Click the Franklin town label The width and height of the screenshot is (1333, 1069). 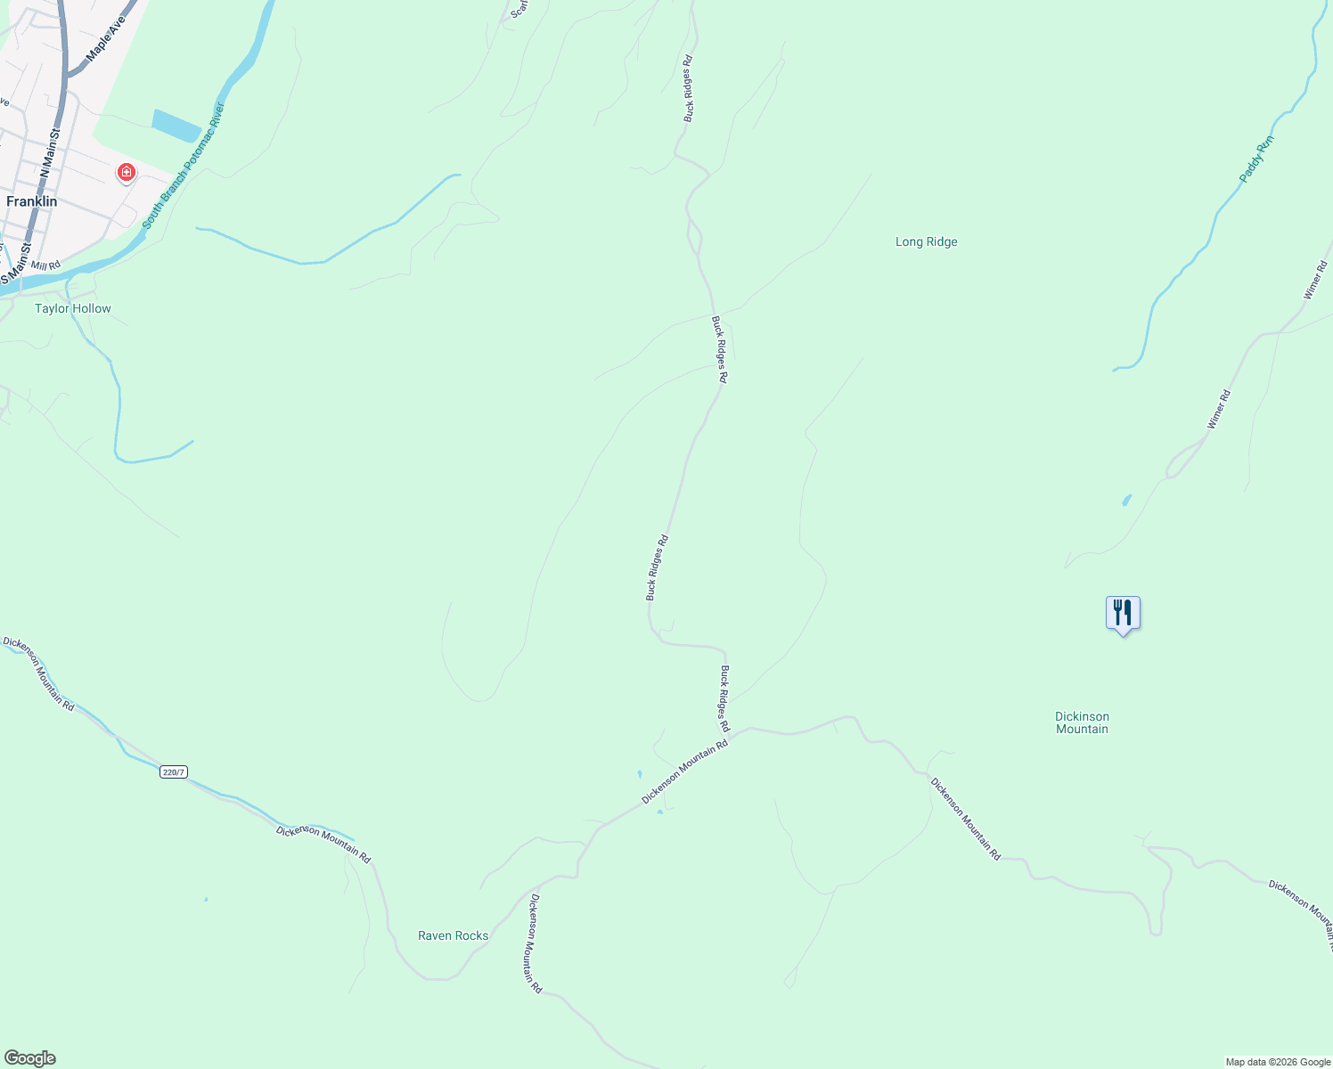click(32, 201)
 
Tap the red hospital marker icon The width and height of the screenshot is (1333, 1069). click(127, 172)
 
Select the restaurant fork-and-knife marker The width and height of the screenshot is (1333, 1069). click(1123, 614)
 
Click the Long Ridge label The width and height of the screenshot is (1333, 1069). click(926, 241)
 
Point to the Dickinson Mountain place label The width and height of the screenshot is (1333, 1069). click(1082, 722)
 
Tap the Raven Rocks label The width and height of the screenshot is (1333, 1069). click(453, 935)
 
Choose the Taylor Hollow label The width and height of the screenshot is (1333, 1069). click(73, 308)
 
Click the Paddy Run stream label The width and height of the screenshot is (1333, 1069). click(1256, 159)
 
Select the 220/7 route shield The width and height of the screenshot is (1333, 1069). click(175, 771)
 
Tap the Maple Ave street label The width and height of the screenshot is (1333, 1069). click(106, 38)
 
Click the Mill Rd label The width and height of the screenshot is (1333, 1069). click(45, 265)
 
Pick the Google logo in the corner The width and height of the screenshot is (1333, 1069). click(29, 1058)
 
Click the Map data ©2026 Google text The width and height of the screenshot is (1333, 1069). click(1278, 1062)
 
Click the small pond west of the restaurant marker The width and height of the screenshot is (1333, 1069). click(1126, 500)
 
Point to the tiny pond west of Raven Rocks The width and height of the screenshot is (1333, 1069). click(206, 900)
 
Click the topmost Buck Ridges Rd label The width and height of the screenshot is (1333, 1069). click(688, 89)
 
